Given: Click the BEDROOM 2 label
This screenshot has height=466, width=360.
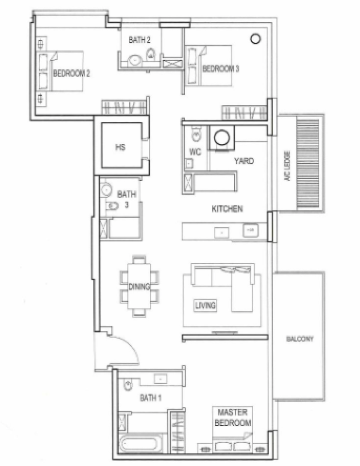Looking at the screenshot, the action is point(71,73).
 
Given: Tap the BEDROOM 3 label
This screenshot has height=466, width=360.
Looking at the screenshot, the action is point(221,69).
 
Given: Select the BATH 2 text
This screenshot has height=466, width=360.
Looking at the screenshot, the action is point(139,40).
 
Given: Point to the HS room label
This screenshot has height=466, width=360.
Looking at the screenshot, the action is point(120,147).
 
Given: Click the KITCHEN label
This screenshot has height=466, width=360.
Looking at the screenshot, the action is point(227,209).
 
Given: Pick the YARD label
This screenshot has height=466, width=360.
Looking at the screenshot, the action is point(244,161).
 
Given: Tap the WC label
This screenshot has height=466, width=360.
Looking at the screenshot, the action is point(195,152).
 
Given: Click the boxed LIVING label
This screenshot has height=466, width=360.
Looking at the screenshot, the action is point(205,305).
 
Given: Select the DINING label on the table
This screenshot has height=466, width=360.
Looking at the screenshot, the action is point(139,286).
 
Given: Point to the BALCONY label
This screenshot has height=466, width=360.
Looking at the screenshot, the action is point(300,339).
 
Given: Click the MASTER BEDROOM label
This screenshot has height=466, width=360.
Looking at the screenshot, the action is point(233,417).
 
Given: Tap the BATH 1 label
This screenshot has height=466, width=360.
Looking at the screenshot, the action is point(151,398).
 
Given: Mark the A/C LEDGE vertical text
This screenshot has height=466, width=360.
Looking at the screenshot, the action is point(288,166).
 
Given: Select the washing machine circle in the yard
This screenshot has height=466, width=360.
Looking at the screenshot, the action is point(222,137).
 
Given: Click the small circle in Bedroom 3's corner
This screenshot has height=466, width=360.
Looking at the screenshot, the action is point(255,39).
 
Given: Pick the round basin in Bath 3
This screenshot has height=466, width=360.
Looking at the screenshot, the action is point(106,190).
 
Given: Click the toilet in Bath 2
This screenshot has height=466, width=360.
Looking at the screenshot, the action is point(151,55).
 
